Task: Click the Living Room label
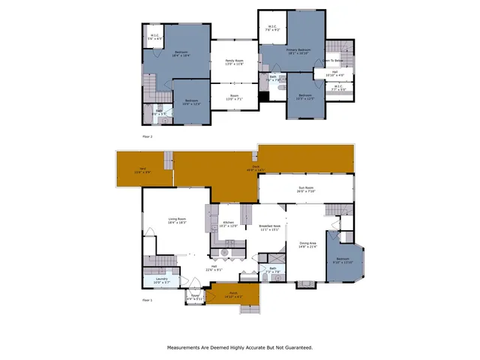pyautogui.click(x=176, y=220)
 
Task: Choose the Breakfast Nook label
pyautogui.click(x=269, y=227)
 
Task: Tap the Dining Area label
pyautogui.click(x=308, y=244)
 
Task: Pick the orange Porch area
pyautogui.click(x=233, y=295)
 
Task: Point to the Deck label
pyautogui.click(x=255, y=169)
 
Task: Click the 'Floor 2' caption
pyautogui.click(x=147, y=136)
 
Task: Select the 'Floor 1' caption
pyautogui.click(x=147, y=300)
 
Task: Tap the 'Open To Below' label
pyautogui.click(x=334, y=60)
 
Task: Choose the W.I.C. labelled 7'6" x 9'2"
pyautogui.click(x=273, y=29)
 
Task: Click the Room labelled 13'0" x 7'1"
pyautogui.click(x=234, y=97)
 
